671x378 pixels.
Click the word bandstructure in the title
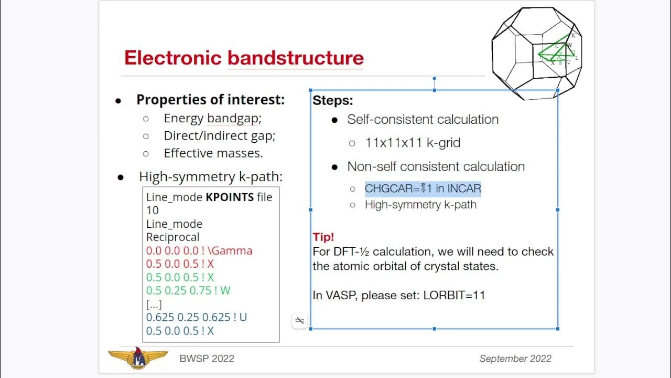coord(295,58)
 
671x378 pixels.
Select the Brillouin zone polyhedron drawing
coord(536,54)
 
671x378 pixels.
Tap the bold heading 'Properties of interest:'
coord(210,99)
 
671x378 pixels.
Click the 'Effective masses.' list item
coord(213,153)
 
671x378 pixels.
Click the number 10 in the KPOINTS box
coord(152,211)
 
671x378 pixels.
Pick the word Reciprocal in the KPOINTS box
coord(172,237)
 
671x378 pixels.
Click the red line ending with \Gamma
coord(199,250)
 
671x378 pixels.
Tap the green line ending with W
coord(188,290)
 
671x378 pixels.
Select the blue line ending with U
coord(196,317)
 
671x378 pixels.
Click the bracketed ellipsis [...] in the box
coord(154,304)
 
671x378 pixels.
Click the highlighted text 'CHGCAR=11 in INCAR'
coord(423,188)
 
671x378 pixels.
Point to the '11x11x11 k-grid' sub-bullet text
coord(413,143)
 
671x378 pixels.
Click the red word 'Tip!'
coord(323,237)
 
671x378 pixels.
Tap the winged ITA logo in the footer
coord(138,358)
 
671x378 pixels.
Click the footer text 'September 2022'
coord(515,359)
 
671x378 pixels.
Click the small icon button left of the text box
coord(299,320)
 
